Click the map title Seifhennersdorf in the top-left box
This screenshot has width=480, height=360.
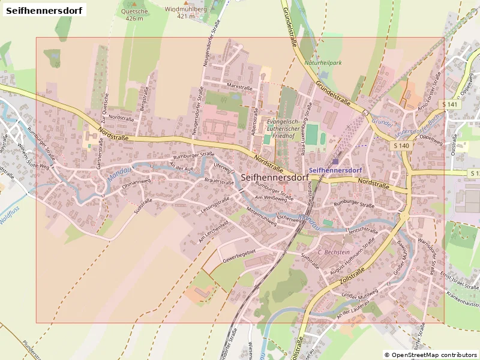point(43,10)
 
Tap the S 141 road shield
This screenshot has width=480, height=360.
point(451,104)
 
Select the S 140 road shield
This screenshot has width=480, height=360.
point(402,146)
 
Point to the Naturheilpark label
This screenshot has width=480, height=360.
point(323,63)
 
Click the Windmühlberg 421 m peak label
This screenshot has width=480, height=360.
point(186,13)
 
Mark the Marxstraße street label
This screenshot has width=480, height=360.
point(240,87)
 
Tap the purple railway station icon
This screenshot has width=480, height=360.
point(335,161)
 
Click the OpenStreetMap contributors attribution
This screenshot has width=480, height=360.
point(430,355)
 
